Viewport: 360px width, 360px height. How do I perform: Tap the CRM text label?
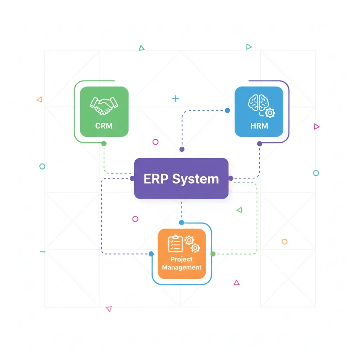click(x=104, y=126)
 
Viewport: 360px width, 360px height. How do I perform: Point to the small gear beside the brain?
click(x=270, y=113)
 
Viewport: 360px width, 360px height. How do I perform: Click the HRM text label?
click(x=259, y=126)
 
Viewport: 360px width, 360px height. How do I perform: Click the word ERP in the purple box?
click(x=155, y=179)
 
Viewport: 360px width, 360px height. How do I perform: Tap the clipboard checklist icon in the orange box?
click(x=175, y=244)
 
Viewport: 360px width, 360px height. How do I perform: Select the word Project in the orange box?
click(x=181, y=259)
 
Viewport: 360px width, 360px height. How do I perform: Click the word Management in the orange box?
click(x=182, y=267)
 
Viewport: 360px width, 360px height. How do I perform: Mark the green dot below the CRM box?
click(x=104, y=143)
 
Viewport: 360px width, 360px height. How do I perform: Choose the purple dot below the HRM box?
click(x=259, y=143)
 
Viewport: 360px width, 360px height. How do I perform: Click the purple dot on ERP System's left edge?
click(x=132, y=179)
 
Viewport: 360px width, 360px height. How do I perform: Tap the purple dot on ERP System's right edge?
click(x=231, y=179)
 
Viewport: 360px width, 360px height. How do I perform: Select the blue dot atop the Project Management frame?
click(x=181, y=222)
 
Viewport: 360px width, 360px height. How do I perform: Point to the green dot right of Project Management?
click(x=213, y=254)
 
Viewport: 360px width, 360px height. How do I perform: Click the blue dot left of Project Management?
click(x=151, y=254)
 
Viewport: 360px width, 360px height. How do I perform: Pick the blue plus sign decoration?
click(x=175, y=99)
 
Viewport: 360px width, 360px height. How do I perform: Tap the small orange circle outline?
click(x=284, y=242)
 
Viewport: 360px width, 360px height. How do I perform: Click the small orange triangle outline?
click(x=39, y=100)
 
